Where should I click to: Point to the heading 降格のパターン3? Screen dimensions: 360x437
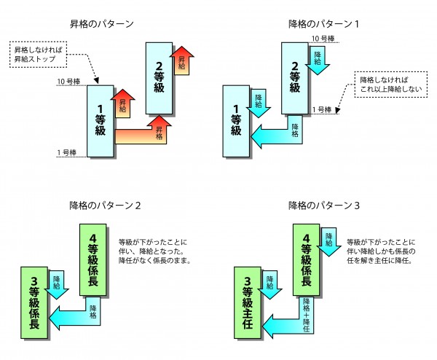pos(323,206)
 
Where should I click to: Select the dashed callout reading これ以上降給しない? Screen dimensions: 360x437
pos(387,84)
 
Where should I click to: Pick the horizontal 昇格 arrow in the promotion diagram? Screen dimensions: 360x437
pos(142,136)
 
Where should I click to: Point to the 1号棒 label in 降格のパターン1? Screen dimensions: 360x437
pos(323,110)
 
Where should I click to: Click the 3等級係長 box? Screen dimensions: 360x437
pos(34,304)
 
